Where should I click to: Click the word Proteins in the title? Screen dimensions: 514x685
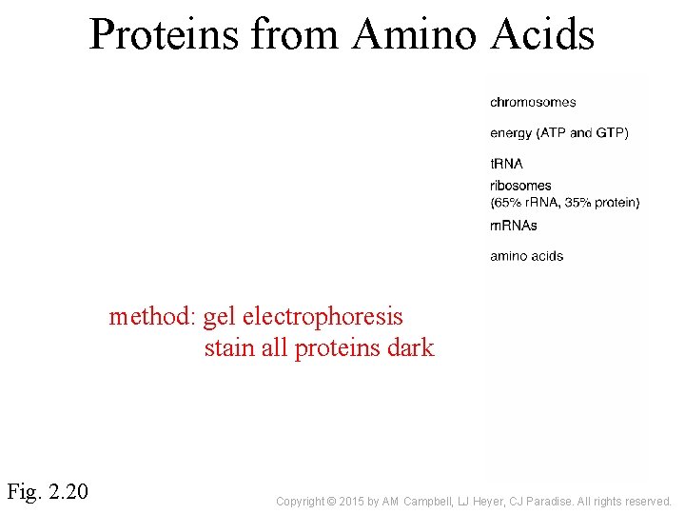[166, 34]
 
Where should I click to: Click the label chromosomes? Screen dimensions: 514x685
[533, 102]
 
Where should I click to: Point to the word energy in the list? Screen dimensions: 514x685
[511, 133]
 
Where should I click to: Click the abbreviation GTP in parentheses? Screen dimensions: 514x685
[609, 133]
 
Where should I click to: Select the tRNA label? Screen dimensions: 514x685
[506, 164]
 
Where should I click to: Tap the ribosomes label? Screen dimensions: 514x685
[520, 186]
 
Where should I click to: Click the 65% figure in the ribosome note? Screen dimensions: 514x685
[507, 202]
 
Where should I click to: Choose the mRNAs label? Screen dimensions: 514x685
[514, 226]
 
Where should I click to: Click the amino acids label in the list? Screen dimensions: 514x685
[526, 256]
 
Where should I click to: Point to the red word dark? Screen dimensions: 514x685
[411, 348]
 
